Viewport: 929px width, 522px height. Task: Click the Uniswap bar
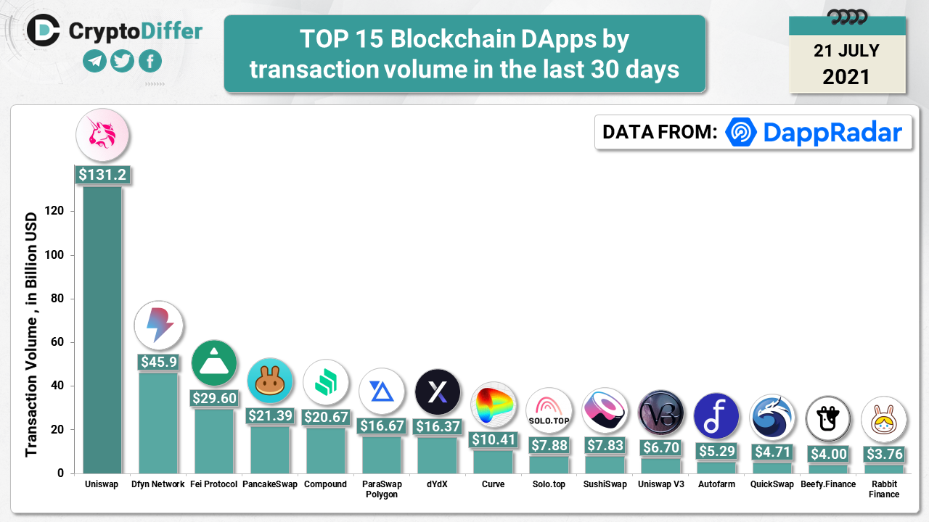coord(102,330)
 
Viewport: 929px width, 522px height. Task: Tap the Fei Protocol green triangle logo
coord(214,362)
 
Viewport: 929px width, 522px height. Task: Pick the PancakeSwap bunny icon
coord(269,381)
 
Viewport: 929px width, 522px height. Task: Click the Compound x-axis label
coord(325,484)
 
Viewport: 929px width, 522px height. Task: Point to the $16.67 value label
coord(382,426)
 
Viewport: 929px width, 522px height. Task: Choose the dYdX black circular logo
coord(438,391)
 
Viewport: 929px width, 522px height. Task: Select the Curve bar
coord(493,462)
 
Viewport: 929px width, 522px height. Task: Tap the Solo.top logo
coord(549,410)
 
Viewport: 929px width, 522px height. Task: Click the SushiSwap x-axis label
coord(605,484)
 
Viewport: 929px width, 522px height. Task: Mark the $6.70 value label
coord(660,448)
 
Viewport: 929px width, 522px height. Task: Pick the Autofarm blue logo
coord(716,416)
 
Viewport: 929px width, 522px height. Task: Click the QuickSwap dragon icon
coord(772,418)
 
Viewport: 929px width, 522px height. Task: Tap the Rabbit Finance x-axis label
coord(883,489)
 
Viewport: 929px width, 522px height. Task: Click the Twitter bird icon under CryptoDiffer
coord(122,61)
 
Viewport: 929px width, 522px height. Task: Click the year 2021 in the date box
coord(846,76)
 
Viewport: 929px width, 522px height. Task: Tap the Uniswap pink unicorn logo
coord(102,135)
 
